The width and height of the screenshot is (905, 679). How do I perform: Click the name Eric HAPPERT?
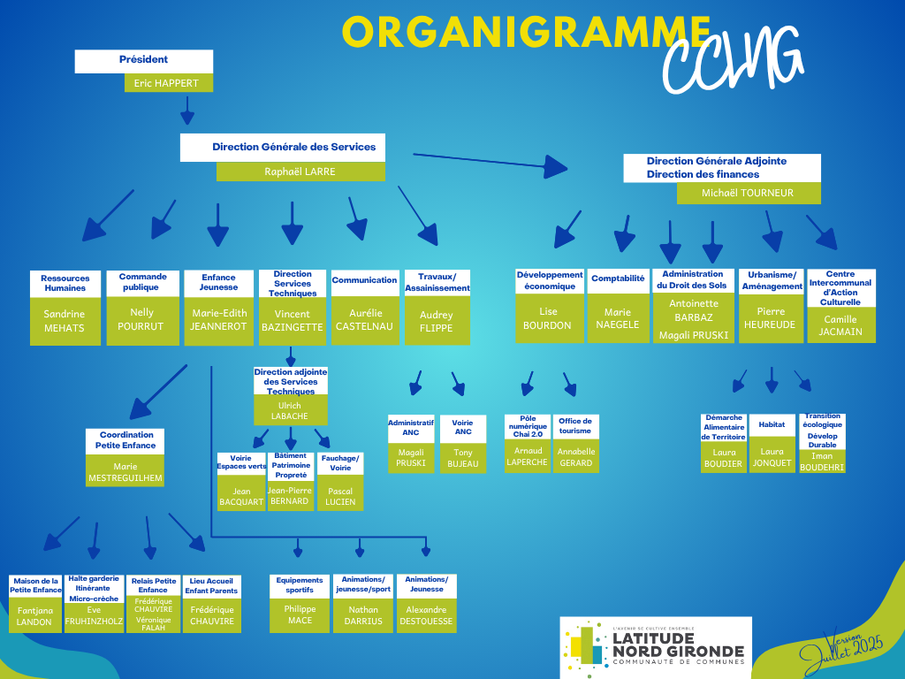(x=166, y=83)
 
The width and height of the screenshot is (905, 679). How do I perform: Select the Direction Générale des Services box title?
(x=293, y=147)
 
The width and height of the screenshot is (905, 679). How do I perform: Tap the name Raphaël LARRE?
(x=300, y=172)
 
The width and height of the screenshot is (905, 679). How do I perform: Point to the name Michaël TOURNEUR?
(x=748, y=193)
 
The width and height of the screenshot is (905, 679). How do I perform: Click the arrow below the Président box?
(x=187, y=110)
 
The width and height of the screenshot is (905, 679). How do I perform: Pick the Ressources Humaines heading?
(x=65, y=283)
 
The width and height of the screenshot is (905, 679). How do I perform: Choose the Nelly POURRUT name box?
(x=142, y=320)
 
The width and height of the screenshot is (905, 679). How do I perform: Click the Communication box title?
(x=364, y=280)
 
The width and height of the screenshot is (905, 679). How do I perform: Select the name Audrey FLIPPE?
(x=437, y=321)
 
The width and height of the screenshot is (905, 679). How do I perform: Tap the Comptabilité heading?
(x=618, y=278)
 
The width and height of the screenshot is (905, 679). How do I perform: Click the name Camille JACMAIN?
(x=840, y=325)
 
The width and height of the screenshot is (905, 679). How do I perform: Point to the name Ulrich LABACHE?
(x=290, y=410)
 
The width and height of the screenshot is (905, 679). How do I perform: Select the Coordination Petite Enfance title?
(x=125, y=440)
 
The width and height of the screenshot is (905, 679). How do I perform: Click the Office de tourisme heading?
(x=575, y=425)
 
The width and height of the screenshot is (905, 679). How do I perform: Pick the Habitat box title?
(x=772, y=424)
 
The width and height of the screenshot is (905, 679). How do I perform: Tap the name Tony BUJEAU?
(x=463, y=458)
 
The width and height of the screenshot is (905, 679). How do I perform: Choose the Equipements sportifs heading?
(x=300, y=585)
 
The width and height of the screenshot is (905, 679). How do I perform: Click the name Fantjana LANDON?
(x=34, y=616)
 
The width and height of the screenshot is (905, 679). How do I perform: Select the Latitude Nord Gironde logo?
(x=656, y=646)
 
